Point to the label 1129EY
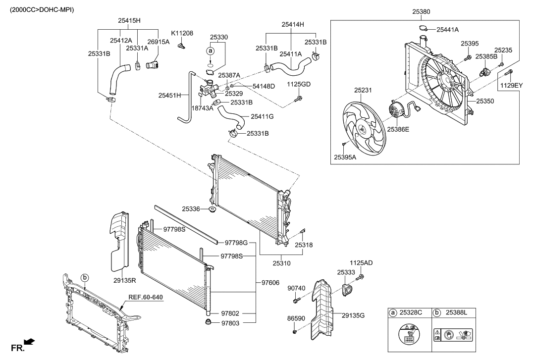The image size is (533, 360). pos(511,86)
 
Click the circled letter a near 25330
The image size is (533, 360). pos(210,51)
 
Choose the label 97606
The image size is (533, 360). pos(270,283)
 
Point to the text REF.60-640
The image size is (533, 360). pos(146,298)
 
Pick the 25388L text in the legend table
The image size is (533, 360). pos(457,313)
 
